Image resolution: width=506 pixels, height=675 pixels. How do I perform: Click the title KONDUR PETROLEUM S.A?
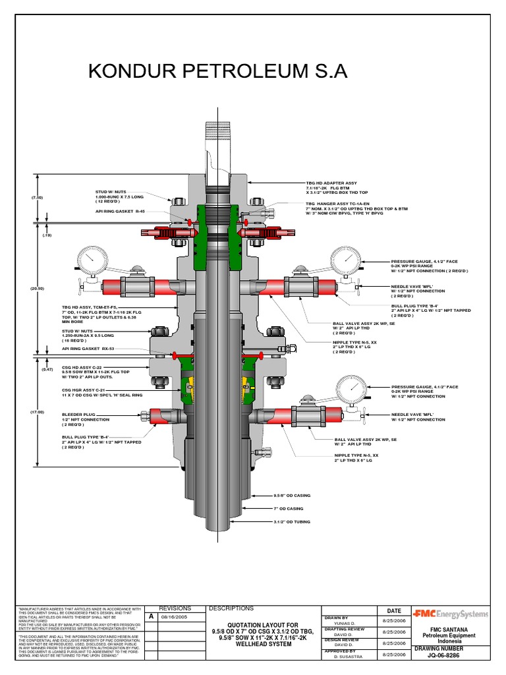(x=217, y=72)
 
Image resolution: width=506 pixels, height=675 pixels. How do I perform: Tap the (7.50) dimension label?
(x=37, y=197)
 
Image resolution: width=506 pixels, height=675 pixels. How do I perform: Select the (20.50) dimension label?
(x=37, y=288)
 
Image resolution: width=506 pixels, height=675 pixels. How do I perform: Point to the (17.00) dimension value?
(x=37, y=412)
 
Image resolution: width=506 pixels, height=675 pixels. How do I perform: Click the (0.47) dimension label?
(x=47, y=370)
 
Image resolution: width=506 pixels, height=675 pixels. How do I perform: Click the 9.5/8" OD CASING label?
(x=292, y=495)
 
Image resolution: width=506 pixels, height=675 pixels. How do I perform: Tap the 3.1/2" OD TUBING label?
(x=292, y=521)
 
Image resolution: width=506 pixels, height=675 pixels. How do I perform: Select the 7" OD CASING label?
(x=289, y=508)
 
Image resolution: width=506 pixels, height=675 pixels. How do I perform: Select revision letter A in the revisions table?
(x=151, y=616)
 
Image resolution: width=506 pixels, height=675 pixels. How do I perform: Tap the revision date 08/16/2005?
(x=175, y=617)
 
